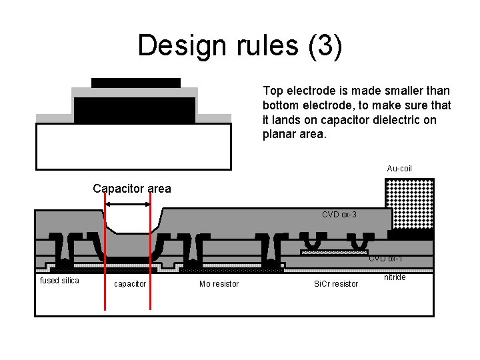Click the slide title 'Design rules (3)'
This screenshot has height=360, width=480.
pos(240,46)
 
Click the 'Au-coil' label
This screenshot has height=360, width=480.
pos(399,169)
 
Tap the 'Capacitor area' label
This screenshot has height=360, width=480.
pos(132,189)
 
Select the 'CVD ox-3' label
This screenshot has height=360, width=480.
pos(339,215)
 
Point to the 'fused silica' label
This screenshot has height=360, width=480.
pos(59,281)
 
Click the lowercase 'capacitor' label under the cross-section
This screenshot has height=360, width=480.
pos(130,284)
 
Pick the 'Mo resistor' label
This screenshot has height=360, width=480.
pos(219,285)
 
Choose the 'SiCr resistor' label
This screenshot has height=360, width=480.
pos(335,285)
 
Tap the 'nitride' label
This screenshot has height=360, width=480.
pos(395,277)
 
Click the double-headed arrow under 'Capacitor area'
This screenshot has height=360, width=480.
pos(127,205)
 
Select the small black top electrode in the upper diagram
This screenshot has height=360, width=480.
pos(136,83)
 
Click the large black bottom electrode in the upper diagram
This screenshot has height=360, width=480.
pos(135,110)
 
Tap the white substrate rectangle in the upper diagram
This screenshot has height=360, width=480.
pos(133,146)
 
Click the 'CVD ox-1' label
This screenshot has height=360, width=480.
pos(385,259)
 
